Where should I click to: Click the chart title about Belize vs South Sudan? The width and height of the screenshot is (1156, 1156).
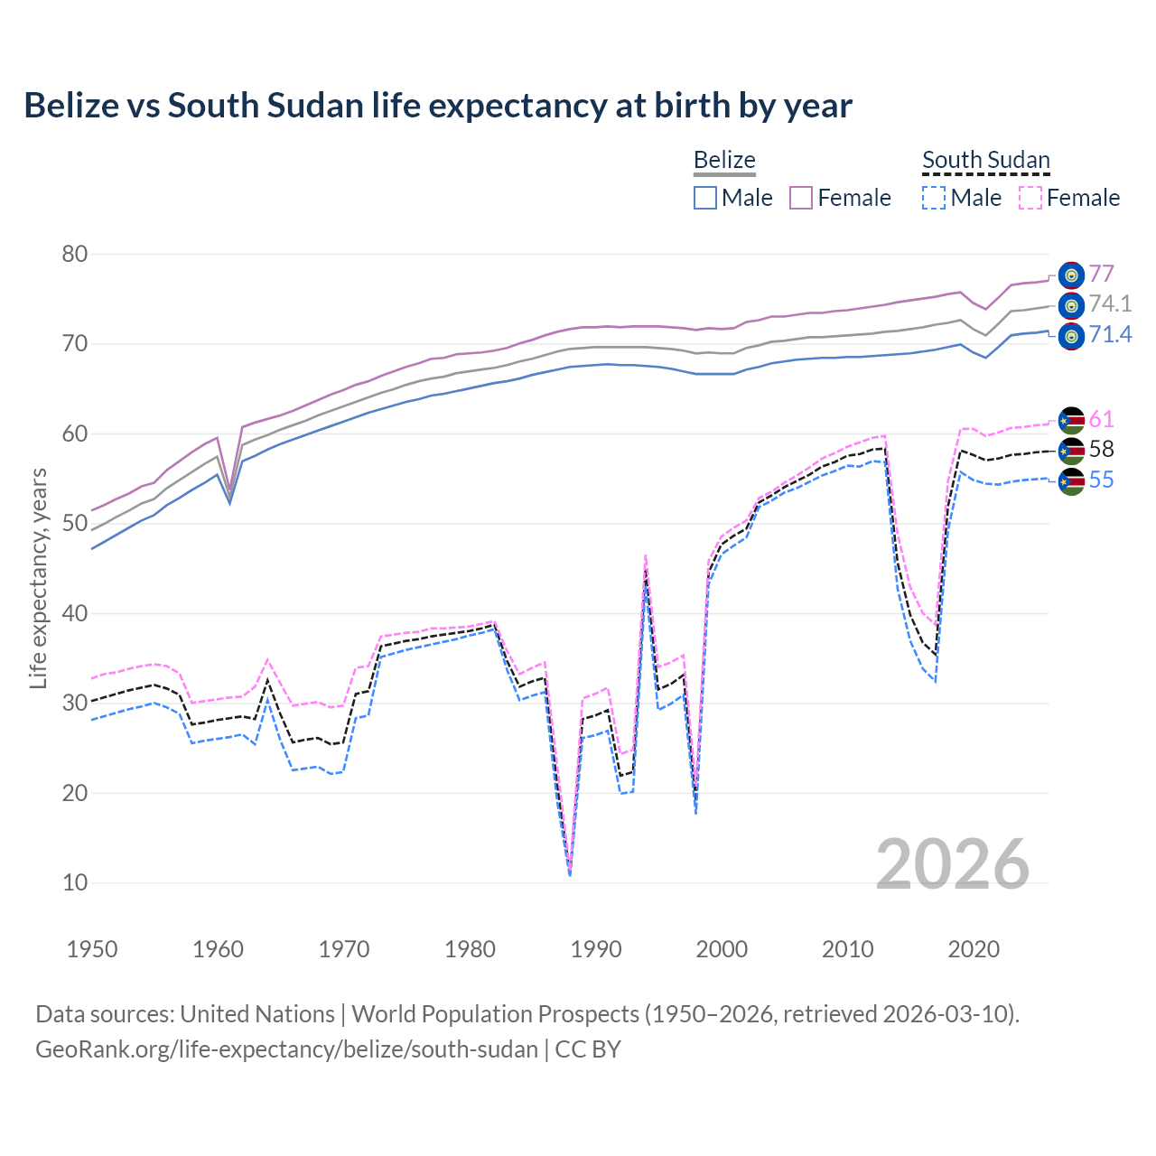pos(438,106)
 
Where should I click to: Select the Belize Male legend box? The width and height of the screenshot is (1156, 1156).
pos(705,198)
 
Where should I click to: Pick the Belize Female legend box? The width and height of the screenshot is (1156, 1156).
pos(801,198)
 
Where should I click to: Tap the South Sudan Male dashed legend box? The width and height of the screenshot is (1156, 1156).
pos(934,198)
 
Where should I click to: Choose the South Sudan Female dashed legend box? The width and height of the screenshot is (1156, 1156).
pos(1030,198)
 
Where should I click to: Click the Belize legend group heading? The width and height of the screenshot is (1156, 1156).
pos(724,161)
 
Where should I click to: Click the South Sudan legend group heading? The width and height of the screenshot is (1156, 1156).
pos(985,161)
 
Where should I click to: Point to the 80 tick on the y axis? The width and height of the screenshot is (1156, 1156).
pos(75,254)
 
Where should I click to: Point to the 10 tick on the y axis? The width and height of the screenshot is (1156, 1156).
pos(75,882)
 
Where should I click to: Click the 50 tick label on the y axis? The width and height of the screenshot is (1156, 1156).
pos(75,524)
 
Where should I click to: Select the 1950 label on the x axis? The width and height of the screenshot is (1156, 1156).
pos(92,949)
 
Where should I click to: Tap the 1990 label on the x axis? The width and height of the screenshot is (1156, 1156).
pos(596,949)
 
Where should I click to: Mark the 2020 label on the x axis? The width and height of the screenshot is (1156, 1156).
pos(974,949)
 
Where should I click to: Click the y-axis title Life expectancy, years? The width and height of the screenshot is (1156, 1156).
pos(39,578)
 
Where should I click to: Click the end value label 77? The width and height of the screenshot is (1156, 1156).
pos(1101,274)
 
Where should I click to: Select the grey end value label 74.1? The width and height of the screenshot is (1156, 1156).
pos(1110,304)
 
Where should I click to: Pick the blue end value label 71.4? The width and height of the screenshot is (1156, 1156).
pos(1110,335)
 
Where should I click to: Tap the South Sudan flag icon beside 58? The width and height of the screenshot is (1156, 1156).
pos(1071,450)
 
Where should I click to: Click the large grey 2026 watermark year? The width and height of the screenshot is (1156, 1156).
pos(953,864)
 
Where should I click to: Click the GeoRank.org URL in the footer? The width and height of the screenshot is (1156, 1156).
pos(286,1049)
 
